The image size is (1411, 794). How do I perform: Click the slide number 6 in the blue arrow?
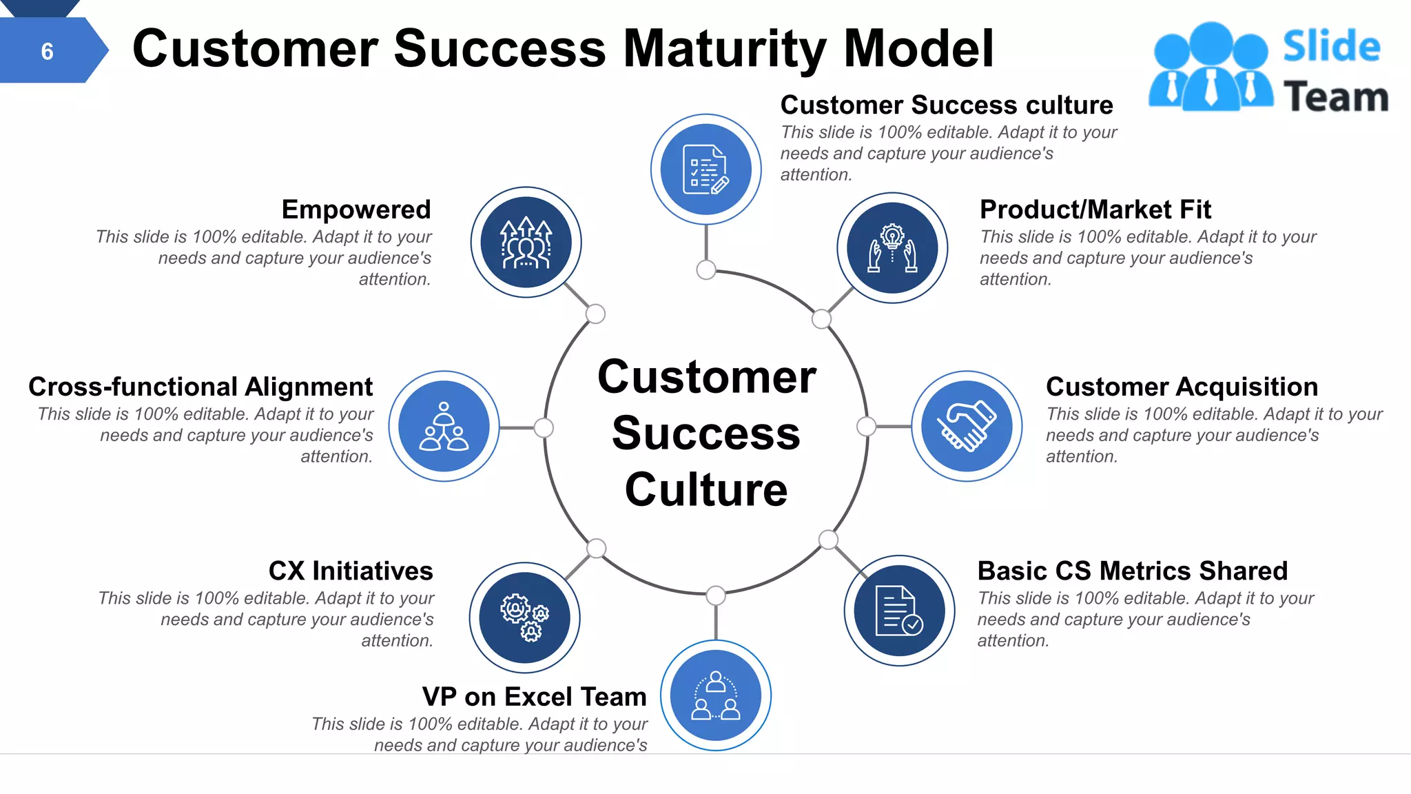(x=47, y=51)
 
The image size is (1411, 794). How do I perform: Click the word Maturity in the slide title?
(x=725, y=49)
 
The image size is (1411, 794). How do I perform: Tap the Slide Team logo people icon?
(x=1211, y=68)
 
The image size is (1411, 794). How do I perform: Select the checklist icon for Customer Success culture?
(x=705, y=170)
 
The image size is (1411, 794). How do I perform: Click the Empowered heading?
(x=356, y=210)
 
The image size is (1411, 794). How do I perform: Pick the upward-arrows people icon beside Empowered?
(x=526, y=243)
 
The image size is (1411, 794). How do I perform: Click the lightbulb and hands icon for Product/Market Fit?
(x=892, y=247)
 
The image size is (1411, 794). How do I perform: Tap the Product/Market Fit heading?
(x=1095, y=210)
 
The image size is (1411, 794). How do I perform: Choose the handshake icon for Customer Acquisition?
(x=967, y=426)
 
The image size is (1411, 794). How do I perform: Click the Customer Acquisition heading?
(x=1182, y=387)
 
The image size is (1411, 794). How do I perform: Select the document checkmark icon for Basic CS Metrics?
(x=899, y=611)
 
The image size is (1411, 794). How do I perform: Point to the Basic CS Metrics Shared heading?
(x=1132, y=571)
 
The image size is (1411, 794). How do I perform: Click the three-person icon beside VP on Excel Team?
(x=716, y=695)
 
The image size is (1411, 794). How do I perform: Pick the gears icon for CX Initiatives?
(x=525, y=618)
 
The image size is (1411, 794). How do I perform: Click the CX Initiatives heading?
(x=351, y=571)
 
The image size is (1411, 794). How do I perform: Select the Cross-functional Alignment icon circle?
(x=444, y=426)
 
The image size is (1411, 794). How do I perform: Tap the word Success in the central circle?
(x=706, y=434)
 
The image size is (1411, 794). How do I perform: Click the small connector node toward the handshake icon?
(x=866, y=427)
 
